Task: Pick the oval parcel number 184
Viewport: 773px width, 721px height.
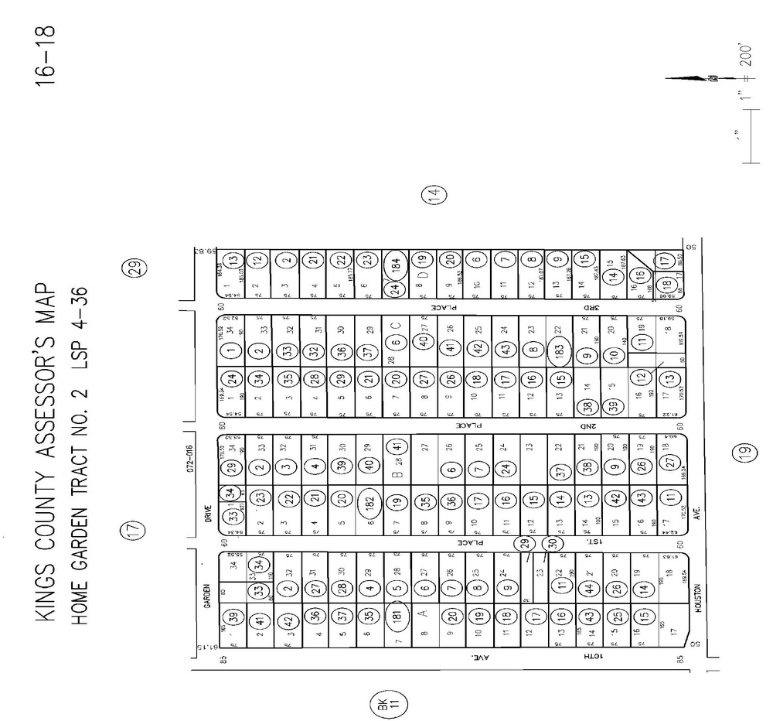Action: [x=394, y=262]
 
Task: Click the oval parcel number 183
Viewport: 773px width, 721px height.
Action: [x=560, y=349]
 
